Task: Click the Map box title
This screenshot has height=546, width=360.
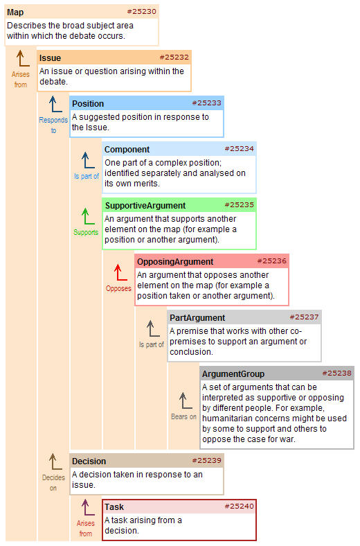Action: pos(15,12)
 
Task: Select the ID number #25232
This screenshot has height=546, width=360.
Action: pos(174,57)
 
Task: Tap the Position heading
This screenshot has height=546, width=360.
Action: pos(88,104)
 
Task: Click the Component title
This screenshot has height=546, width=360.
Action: pos(127,150)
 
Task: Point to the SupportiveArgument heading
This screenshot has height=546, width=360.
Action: pos(145,206)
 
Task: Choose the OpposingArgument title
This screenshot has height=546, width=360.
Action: pos(175,262)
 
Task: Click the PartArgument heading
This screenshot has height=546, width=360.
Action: pos(197,318)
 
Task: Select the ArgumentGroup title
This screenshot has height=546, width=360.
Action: pos(233,374)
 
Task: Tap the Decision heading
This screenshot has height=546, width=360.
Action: pos(89,461)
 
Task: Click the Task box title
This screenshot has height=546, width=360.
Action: pos(114,507)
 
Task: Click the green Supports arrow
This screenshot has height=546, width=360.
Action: pos(88,216)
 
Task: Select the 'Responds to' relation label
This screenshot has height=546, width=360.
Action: pos(53,125)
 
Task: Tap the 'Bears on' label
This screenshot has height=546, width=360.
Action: pos(183,416)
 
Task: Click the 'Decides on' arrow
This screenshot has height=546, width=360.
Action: pos(55,461)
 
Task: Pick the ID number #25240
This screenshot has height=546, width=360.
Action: pos(240,507)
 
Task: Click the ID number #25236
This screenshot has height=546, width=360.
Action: pos(271,261)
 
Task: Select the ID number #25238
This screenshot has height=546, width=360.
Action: pos(336,373)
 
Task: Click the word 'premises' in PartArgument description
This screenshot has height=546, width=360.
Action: pos(186,342)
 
